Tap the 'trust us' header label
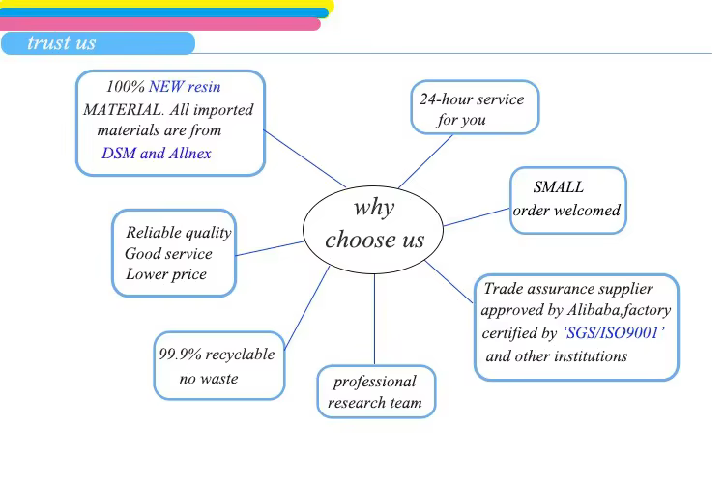click(x=62, y=43)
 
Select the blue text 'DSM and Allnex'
click(x=156, y=153)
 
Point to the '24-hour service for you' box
click(x=474, y=108)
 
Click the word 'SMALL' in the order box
click(x=559, y=187)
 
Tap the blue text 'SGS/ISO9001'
click(x=614, y=333)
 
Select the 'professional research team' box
click(x=375, y=391)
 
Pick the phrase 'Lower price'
click(x=166, y=274)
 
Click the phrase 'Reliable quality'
click(x=178, y=232)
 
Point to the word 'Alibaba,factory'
click(x=622, y=311)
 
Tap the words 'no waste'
click(x=208, y=378)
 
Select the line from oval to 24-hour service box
click(x=425, y=162)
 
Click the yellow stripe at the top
click(x=164, y=4)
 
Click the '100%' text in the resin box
click(x=125, y=87)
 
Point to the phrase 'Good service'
click(x=168, y=253)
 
